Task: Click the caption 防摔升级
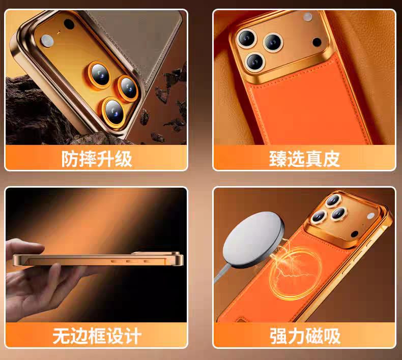[96, 159]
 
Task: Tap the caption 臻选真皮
[304, 159]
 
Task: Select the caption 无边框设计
[97, 336]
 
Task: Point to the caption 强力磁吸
[304, 336]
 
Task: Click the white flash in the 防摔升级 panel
[47, 40]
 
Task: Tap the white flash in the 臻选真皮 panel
[307, 17]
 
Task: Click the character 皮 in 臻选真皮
[331, 159]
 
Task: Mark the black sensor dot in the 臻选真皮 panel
[317, 42]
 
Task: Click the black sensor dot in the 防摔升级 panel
[68, 24]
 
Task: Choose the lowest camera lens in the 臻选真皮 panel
[254, 62]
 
